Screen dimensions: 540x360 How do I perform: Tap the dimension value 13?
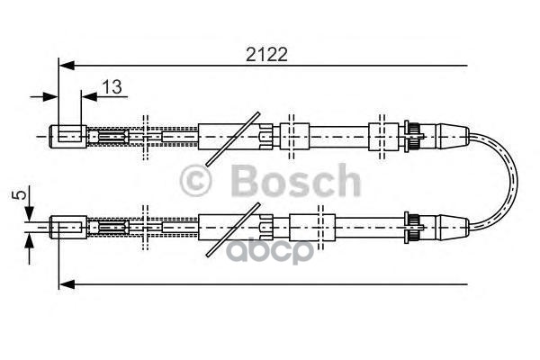click(x=112, y=86)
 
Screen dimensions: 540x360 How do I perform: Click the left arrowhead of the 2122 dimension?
click(x=65, y=65)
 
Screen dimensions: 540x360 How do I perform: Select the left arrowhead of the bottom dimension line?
click(x=65, y=284)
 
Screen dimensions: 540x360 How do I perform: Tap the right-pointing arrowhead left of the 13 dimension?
click(x=52, y=96)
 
